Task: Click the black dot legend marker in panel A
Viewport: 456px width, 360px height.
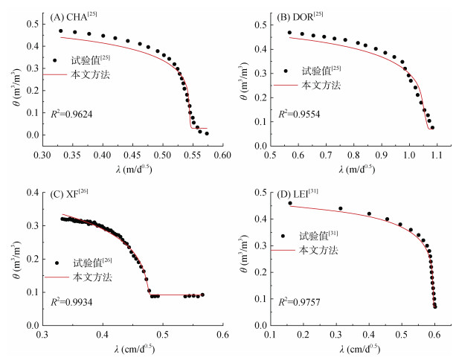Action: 54,61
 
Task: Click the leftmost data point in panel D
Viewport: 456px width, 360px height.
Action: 290,203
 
